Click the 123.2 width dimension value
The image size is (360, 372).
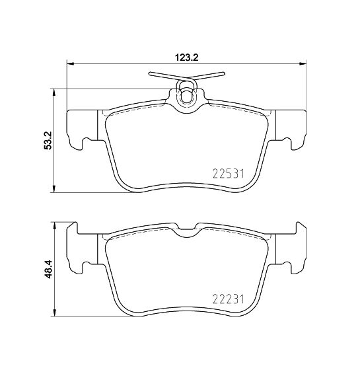coord(186,57)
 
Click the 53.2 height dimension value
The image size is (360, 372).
coord(48,141)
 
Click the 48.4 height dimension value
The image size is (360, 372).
coord(48,269)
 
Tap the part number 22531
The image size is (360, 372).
coord(228,174)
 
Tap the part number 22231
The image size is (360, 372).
coord(228,299)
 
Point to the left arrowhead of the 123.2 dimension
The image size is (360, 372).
coord(71,63)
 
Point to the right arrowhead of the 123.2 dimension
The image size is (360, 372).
coord(303,63)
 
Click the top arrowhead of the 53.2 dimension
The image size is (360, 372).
coord(55,93)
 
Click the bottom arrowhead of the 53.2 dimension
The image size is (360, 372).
coord(55,189)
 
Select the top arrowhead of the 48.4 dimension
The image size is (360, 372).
coord(55,225)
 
